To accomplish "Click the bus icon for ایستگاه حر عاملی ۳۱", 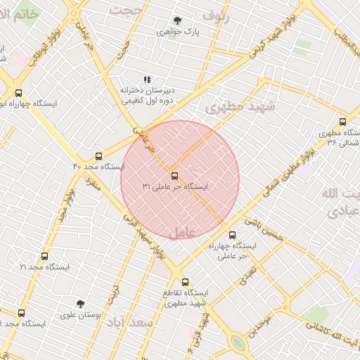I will (x=174, y=176).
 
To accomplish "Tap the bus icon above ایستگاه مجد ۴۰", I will (x=98, y=156).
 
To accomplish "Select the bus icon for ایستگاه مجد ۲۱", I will (x=44, y=257).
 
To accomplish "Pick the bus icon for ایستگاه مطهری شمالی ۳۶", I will (x=342, y=121).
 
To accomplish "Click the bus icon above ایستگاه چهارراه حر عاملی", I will (x=232, y=235).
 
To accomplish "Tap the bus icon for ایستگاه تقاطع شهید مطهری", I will (x=184, y=281).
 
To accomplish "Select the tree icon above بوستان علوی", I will (x=80, y=304).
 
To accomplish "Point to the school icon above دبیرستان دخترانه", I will (x=147, y=80).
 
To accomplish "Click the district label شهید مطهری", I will (x=233, y=107).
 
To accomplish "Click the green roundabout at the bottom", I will (x=238, y=344).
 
